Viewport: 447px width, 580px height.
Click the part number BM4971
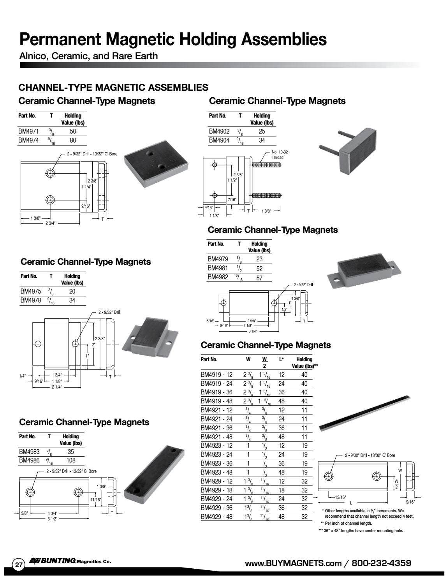click(x=28, y=131)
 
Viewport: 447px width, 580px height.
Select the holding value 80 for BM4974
click(x=73, y=141)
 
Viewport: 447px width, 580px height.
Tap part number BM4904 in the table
click(x=219, y=141)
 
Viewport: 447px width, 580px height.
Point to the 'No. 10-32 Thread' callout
click(x=280, y=155)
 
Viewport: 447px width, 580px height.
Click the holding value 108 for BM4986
click(x=71, y=460)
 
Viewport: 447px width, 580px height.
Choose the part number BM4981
click(x=218, y=268)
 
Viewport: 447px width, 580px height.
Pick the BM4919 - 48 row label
click(x=216, y=401)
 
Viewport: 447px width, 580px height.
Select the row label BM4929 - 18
click(x=216, y=490)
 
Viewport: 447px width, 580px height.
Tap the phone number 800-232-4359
click(x=381, y=563)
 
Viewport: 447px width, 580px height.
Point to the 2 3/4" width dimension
click(x=51, y=223)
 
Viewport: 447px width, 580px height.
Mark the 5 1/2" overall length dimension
click(x=52, y=518)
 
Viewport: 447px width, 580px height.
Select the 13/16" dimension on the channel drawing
click(x=341, y=497)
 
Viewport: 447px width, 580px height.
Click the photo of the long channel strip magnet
click(x=364, y=413)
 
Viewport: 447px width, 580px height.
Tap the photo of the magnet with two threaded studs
click(x=348, y=150)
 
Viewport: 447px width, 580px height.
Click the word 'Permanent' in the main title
click(x=60, y=39)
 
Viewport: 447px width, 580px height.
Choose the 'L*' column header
click(x=281, y=359)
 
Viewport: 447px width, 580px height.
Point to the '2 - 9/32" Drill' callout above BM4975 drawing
click(x=109, y=312)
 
